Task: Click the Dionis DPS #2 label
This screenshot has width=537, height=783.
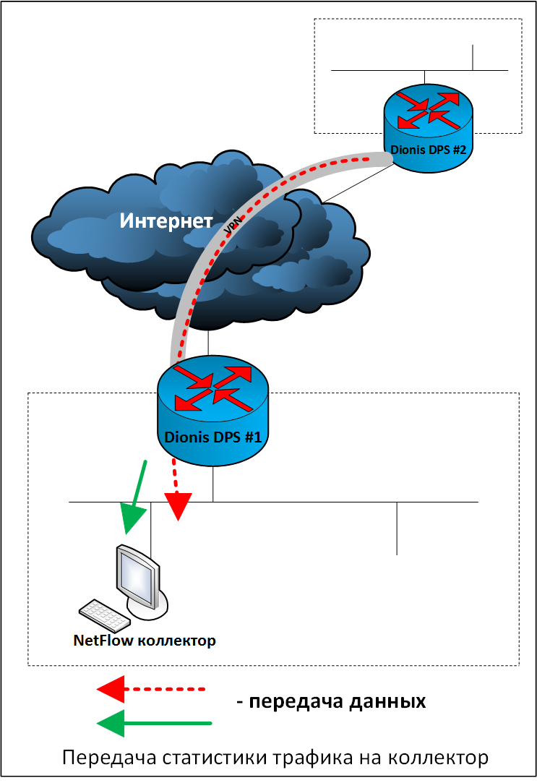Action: click(428, 150)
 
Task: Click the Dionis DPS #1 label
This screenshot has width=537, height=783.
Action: click(212, 437)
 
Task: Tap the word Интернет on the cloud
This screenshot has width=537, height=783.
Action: click(166, 221)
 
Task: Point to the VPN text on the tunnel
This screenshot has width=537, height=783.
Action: click(233, 226)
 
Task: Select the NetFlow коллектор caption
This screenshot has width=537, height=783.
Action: click(145, 640)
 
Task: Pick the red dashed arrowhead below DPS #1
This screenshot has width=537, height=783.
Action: click(179, 506)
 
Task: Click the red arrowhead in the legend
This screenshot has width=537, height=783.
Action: click(111, 690)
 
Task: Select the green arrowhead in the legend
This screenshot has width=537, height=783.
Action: click(111, 723)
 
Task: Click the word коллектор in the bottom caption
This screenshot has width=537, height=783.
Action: click(438, 758)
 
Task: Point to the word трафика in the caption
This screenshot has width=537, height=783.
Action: click(312, 758)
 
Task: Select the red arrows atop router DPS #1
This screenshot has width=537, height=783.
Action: click(213, 388)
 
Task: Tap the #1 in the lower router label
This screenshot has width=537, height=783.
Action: click(252, 437)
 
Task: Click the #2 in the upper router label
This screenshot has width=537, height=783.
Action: click(459, 150)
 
